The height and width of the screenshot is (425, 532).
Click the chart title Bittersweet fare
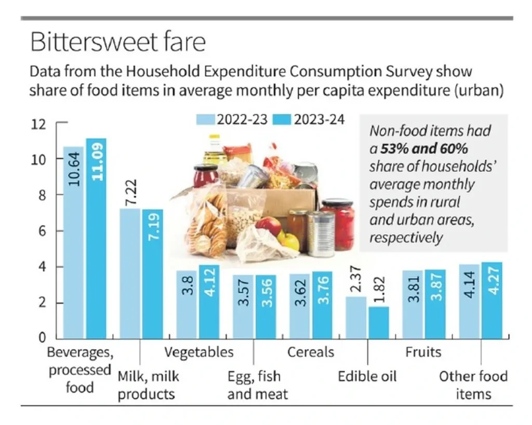click(117, 42)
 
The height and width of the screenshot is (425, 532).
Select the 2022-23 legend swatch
click(206, 119)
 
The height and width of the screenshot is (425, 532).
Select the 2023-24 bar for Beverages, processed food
click(96, 239)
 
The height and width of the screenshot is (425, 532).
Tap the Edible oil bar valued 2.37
click(356, 317)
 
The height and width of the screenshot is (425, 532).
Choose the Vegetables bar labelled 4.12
click(209, 301)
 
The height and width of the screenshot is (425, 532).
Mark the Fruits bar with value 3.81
click(413, 304)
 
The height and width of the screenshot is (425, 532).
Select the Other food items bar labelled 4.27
click(491, 300)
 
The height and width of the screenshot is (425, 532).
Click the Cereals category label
click(311, 352)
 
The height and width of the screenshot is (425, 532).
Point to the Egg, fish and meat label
click(258, 385)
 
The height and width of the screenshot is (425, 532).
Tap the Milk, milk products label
click(146, 385)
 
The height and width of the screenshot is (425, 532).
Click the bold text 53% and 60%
click(424, 149)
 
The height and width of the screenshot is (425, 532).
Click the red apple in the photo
click(269, 226)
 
